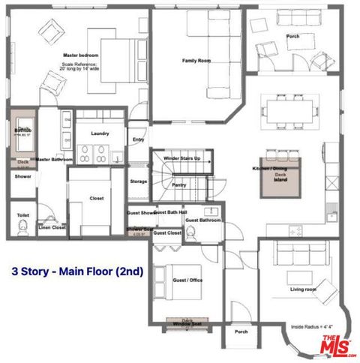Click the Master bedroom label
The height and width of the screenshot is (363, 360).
coord(80,55)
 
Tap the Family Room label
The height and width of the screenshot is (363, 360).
coord(196,60)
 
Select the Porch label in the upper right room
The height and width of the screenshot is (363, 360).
coord(292,36)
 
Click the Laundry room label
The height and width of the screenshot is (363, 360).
coord(100,133)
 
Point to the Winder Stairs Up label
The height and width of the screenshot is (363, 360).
coord(181,159)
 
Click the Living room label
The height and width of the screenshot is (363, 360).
coord(303,289)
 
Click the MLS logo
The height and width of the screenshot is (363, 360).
coord(339,347)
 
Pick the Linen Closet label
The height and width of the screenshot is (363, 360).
coord(52,226)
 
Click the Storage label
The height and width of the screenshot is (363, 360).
coord(138,181)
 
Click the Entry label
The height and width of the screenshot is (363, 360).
coord(138,139)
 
